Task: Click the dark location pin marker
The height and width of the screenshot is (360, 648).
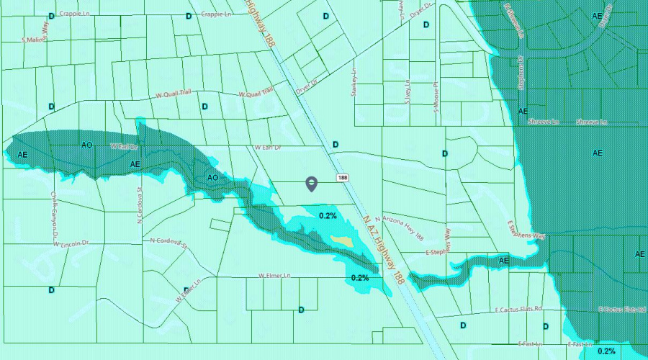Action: click(311, 184)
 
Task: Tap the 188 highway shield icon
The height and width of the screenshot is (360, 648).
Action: click(342, 177)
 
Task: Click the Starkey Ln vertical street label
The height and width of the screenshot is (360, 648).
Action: click(354, 86)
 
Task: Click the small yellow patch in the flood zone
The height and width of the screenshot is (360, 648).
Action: click(341, 240)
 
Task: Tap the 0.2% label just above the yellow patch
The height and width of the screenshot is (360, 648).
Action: click(328, 215)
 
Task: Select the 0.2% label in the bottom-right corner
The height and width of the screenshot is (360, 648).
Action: click(606, 351)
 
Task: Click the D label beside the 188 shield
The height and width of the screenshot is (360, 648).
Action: click(336, 145)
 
